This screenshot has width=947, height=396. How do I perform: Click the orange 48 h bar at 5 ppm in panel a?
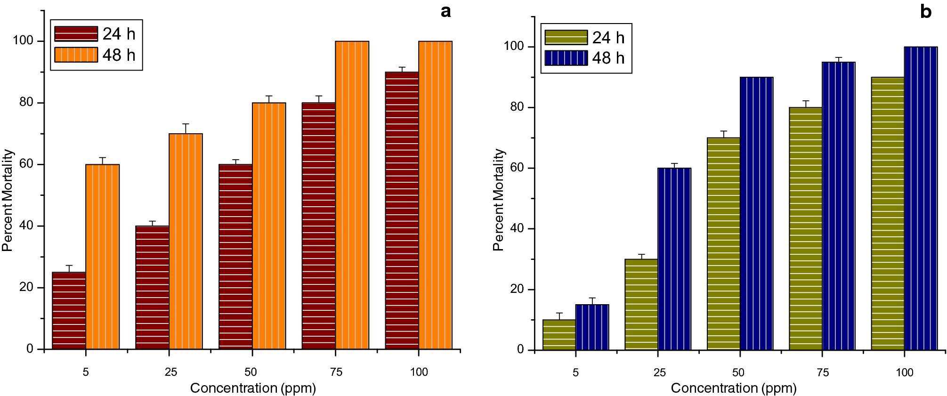(x=102, y=257)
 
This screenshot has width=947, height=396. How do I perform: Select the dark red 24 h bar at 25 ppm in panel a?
(x=152, y=287)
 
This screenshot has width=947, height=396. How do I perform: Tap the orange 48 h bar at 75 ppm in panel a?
(x=352, y=195)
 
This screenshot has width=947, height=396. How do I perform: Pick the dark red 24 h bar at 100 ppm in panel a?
(x=402, y=210)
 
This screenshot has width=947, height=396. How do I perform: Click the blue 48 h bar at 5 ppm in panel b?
(x=592, y=327)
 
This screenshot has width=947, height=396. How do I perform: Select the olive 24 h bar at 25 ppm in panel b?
(x=641, y=304)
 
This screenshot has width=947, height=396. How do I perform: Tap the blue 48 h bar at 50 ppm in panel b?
(x=756, y=213)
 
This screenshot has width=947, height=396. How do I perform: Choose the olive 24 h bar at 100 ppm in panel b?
(x=888, y=213)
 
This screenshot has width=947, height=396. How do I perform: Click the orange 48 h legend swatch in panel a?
(x=76, y=55)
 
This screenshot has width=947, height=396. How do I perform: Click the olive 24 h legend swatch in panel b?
(x=566, y=37)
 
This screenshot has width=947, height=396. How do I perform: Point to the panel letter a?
(x=445, y=11)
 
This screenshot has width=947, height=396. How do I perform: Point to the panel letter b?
(x=925, y=11)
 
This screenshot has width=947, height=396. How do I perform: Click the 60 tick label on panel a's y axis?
(x=26, y=164)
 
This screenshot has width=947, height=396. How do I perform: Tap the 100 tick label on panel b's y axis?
(x=514, y=46)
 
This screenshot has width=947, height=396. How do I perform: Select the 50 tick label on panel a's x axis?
(x=251, y=372)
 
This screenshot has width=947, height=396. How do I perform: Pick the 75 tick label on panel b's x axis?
(x=822, y=372)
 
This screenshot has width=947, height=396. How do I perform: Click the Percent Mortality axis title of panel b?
(x=498, y=200)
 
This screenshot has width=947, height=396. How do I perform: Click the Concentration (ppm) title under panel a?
(x=253, y=388)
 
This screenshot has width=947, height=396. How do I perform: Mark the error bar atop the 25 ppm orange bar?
(x=186, y=128)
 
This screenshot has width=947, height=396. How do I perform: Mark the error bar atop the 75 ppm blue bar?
(x=838, y=59)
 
